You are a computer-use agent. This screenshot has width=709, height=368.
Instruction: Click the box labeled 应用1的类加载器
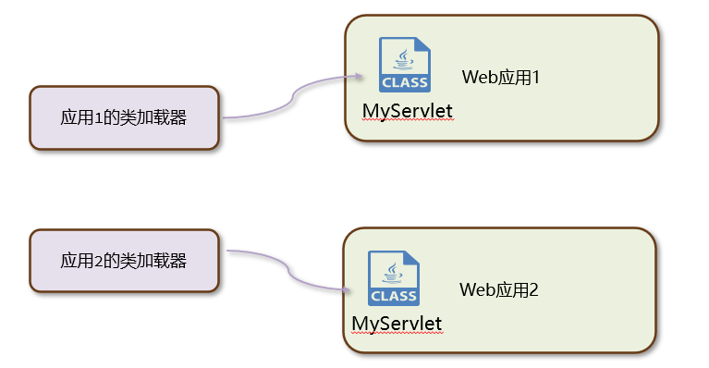[x=124, y=117]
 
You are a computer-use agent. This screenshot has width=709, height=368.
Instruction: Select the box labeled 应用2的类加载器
[x=124, y=261]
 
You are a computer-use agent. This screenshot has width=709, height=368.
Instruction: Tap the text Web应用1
[x=500, y=78]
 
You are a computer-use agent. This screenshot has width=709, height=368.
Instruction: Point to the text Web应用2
[x=498, y=289]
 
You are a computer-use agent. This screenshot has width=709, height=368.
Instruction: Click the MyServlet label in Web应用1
[x=407, y=112]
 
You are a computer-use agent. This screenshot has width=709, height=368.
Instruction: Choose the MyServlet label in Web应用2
[x=397, y=324]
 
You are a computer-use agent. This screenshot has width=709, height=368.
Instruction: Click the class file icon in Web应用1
[x=404, y=65]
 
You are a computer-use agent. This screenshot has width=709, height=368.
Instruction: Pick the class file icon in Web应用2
[x=393, y=277]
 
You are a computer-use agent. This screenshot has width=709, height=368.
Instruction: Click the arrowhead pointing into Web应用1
[x=359, y=79]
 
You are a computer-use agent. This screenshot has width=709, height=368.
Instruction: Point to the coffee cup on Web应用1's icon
[x=403, y=58]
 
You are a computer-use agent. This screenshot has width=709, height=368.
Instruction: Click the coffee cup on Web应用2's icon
[x=392, y=271]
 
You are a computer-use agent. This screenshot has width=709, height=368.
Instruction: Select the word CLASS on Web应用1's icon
[x=405, y=82]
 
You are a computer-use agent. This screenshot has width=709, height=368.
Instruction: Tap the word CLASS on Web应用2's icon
[x=394, y=296]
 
